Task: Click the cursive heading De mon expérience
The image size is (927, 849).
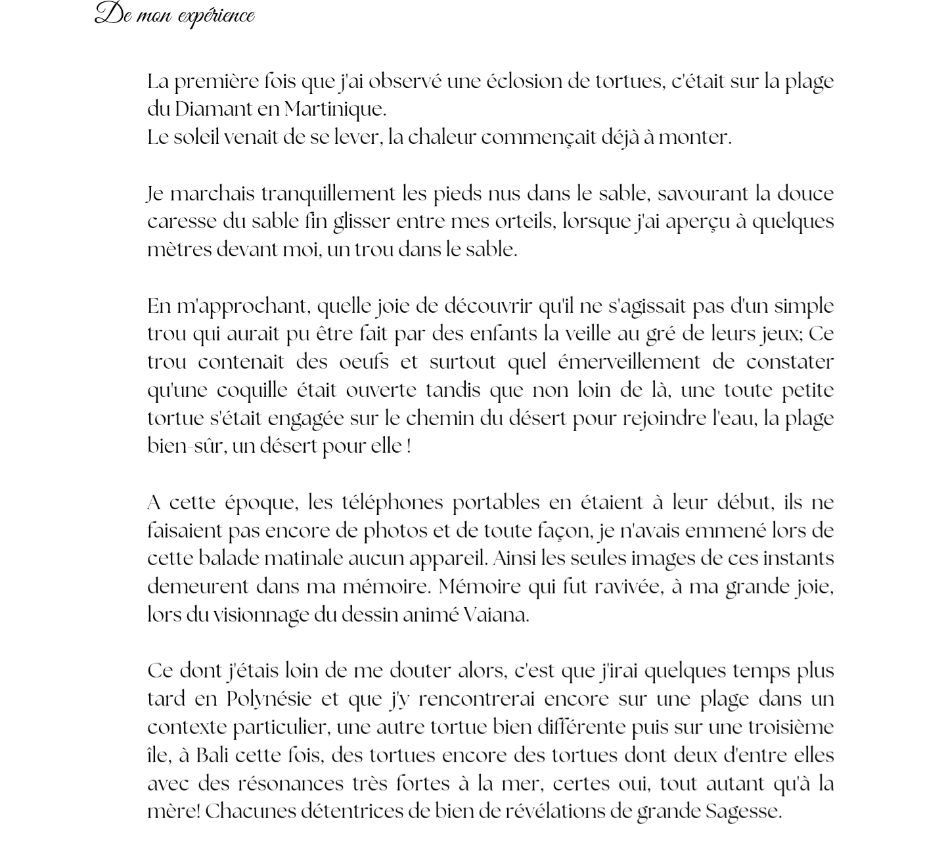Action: [x=175, y=14]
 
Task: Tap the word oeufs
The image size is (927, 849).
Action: [x=363, y=362]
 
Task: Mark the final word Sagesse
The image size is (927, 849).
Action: [x=743, y=812]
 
